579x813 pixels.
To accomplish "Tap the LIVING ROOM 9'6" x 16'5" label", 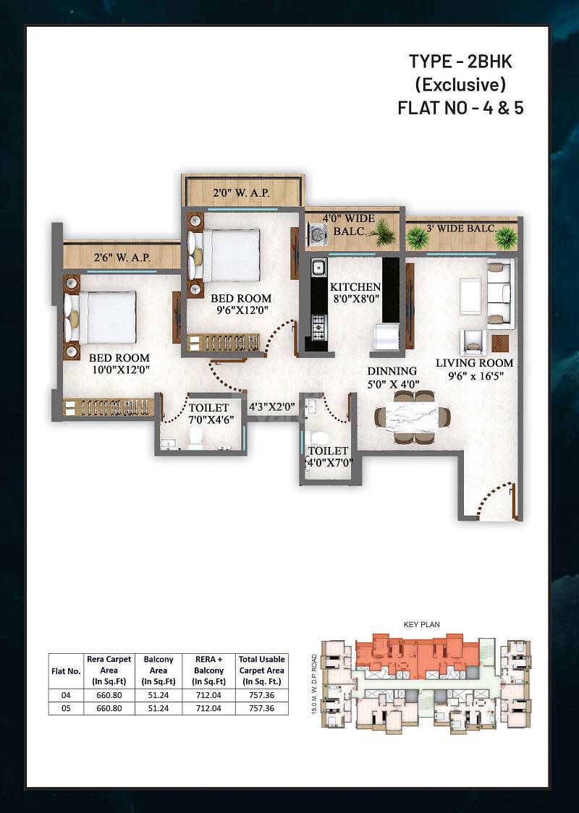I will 474,369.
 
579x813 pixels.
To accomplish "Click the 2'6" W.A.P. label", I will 122,257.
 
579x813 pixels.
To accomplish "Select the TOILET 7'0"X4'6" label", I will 208,414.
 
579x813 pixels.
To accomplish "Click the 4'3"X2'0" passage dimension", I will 271,406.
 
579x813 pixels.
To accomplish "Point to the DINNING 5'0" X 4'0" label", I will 392,378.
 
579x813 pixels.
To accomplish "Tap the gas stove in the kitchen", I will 318,327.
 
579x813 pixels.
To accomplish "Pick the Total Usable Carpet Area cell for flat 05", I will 261,708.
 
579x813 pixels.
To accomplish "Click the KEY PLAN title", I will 422,623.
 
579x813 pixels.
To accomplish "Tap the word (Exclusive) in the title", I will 460,84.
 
